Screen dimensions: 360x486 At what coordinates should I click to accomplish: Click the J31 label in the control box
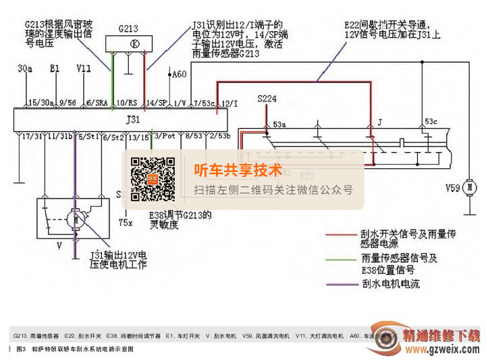(133, 119)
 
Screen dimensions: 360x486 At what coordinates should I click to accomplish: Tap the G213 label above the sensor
(128, 28)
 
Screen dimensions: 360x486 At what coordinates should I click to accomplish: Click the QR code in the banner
(153, 180)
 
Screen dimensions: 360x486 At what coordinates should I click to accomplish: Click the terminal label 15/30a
(41, 103)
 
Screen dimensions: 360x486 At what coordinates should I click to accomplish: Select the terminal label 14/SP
(157, 103)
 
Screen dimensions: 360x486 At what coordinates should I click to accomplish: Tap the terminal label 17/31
(32, 136)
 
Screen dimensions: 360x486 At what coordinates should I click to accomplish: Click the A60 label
(179, 74)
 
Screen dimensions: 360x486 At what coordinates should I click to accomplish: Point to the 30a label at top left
(26, 69)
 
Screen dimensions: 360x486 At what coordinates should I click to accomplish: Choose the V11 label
(84, 69)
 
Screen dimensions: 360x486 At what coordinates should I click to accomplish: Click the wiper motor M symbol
(76, 220)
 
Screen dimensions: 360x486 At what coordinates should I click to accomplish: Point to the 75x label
(125, 222)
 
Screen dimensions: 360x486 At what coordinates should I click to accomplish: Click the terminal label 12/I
(230, 103)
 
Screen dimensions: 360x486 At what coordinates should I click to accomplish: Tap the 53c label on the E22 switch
(431, 123)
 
